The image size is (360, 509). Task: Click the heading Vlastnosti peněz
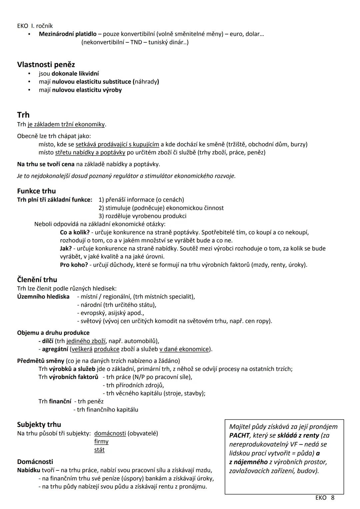coord(46,64)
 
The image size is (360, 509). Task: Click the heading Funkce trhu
coord(36,191)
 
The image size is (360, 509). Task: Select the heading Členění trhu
coord(37,280)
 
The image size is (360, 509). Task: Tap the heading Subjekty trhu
coord(39,424)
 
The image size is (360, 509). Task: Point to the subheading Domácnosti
coord(35,462)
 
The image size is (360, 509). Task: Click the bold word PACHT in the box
coord(239,435)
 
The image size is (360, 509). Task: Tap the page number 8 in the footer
coord(332,498)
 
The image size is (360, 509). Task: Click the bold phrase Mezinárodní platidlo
coord(68,34)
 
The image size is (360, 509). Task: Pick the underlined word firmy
coord(101,442)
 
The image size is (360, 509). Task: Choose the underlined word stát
coord(99,450)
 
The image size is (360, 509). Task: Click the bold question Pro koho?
coord(74,265)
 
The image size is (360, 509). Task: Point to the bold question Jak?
coord(66,248)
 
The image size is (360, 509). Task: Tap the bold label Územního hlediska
coord(43,297)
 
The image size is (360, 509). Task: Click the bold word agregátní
coord(55,349)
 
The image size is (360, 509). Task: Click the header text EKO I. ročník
coord(35,26)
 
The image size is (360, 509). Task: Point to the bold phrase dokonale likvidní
coord(75,73)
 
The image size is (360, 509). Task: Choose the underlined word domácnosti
coord(110,433)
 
